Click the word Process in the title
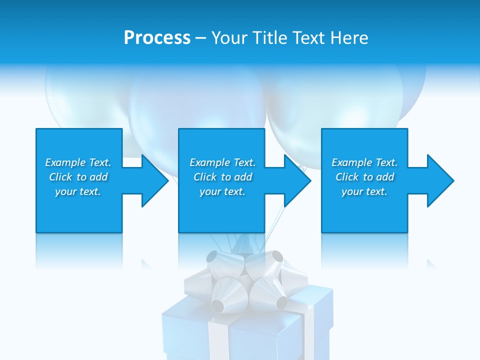click(157, 38)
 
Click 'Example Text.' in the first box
click(78, 162)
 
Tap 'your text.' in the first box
click(78, 191)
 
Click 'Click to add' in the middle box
click(222, 177)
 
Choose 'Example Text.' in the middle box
click(222, 162)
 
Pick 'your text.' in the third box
click(364, 191)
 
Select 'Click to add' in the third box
click(364, 177)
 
